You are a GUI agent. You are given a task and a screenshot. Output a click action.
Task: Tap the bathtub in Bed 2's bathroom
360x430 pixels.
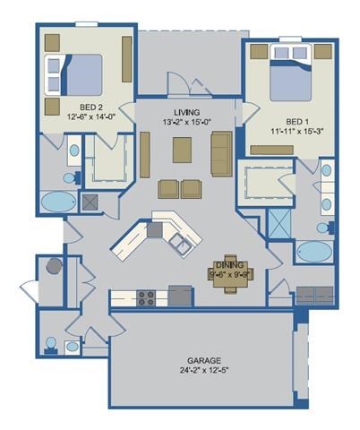(59, 201)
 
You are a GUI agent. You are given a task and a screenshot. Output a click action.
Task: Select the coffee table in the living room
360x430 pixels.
(182, 150)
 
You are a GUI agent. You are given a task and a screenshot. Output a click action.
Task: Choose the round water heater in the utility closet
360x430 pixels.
(54, 266)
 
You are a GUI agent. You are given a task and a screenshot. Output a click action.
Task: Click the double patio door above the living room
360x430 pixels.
(182, 87)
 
